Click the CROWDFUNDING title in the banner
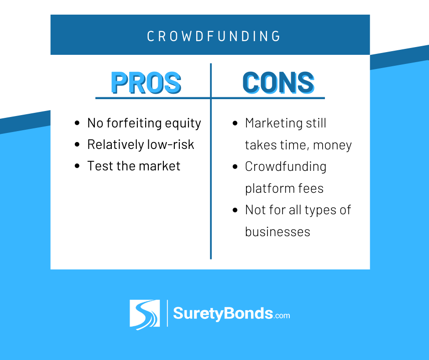214,36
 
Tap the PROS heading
146,83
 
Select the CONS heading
278,83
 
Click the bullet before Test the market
77,166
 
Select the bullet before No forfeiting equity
77,123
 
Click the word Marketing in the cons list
274,123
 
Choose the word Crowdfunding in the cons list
286,167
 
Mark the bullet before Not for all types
235,210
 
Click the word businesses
277,232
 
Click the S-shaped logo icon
145,314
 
